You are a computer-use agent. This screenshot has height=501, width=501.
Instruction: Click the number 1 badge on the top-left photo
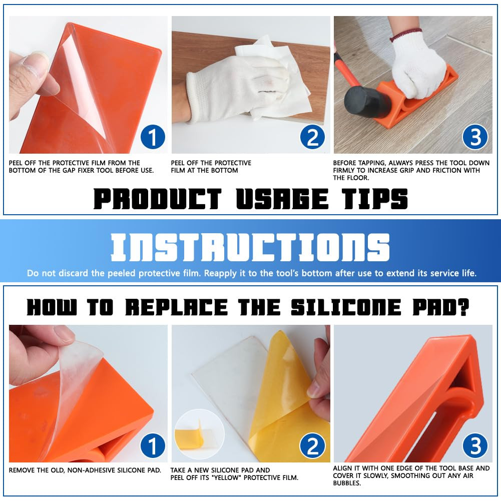(153, 137)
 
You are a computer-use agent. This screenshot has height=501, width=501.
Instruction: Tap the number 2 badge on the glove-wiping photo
(312, 137)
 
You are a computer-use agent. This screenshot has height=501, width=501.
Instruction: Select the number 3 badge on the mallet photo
(475, 137)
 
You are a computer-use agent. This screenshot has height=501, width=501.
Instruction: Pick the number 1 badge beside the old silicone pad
(153, 445)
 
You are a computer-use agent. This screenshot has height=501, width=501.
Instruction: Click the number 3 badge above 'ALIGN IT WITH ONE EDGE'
(475, 445)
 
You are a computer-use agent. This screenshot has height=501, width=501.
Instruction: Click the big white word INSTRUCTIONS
(250, 247)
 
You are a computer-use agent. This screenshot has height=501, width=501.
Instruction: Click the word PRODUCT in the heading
(157, 199)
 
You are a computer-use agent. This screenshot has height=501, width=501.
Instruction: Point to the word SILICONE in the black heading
(346, 307)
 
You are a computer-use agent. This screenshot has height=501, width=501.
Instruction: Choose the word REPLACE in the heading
(176, 307)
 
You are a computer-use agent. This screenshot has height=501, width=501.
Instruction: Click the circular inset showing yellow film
(199, 434)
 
